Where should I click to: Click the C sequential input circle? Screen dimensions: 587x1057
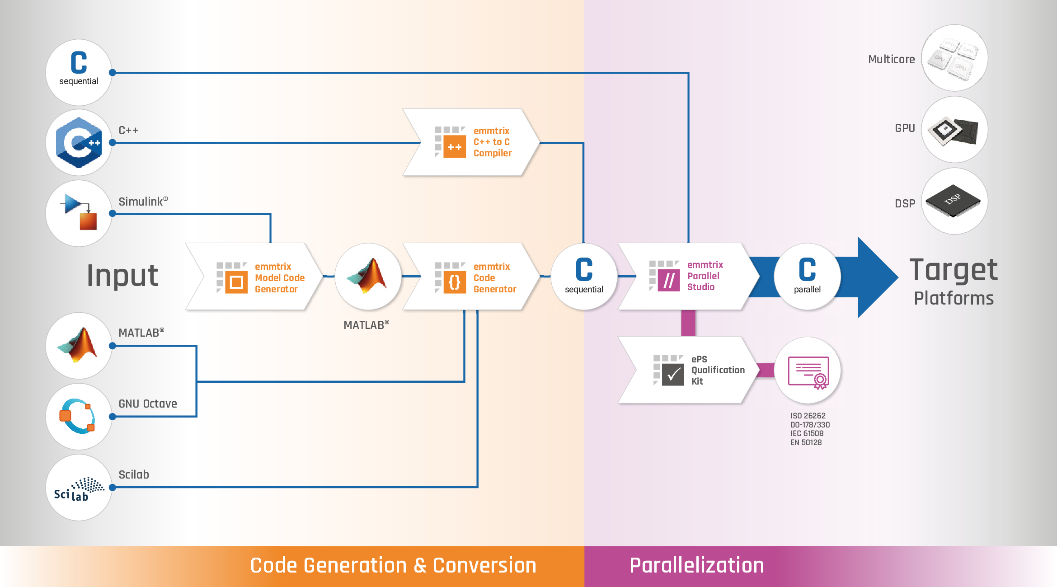(x=79, y=72)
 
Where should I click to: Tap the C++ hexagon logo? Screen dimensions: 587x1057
(x=79, y=143)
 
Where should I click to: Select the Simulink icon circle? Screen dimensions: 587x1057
(x=79, y=213)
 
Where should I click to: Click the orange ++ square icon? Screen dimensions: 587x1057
(x=454, y=147)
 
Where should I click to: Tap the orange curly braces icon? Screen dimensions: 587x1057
(x=454, y=282)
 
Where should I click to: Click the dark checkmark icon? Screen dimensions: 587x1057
(x=673, y=375)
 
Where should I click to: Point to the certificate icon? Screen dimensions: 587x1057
(x=808, y=372)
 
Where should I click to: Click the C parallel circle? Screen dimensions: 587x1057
(x=807, y=276)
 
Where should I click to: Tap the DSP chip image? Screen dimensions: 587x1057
(x=954, y=201)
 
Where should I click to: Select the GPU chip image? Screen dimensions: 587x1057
(x=954, y=130)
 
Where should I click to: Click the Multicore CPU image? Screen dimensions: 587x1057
(x=954, y=58)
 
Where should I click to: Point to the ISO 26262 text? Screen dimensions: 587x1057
(x=808, y=416)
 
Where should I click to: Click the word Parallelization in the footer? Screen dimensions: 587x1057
(x=696, y=565)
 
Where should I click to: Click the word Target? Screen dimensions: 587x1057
(x=953, y=270)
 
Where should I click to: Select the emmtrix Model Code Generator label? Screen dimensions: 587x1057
(x=279, y=277)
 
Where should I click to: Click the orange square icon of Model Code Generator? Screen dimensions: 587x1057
(x=236, y=282)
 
